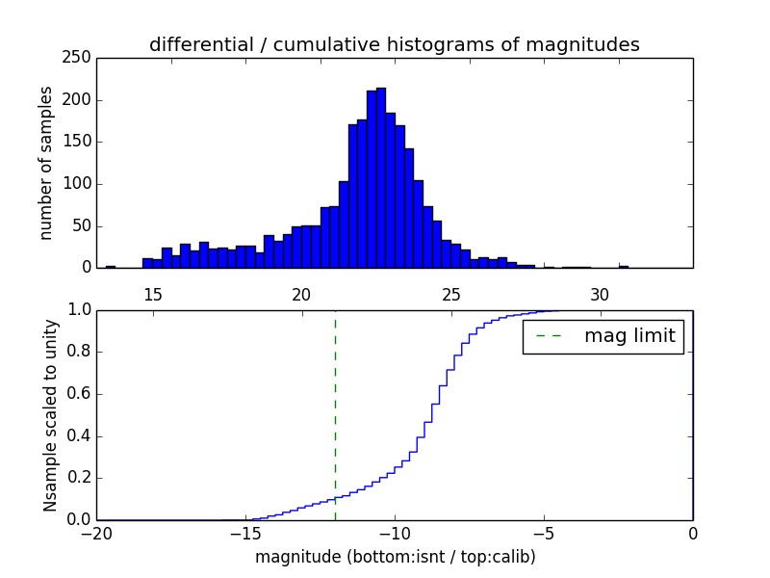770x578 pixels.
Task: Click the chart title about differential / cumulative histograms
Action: click(394, 44)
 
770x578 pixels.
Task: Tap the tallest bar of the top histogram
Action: click(381, 178)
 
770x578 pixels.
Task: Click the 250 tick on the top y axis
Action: click(80, 58)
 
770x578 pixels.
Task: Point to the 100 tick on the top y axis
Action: click(80, 184)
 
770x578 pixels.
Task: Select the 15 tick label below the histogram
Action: click(153, 295)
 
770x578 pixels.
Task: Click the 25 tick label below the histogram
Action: click(450, 295)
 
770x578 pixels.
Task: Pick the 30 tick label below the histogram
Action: click(600, 295)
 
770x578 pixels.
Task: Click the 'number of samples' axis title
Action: click(46, 162)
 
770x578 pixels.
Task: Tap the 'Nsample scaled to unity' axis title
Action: click(50, 414)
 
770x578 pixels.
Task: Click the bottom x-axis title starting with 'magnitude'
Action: click(395, 557)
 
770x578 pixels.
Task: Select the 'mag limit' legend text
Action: click(629, 337)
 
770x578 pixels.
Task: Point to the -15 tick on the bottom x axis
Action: click(244, 532)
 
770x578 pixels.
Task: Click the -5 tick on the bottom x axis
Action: click(543, 532)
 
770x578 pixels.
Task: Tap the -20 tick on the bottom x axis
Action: click(96, 532)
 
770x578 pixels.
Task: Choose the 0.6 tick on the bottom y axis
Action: click(79, 394)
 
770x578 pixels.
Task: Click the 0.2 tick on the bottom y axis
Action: click(79, 478)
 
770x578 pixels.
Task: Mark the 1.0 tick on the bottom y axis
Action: click(79, 310)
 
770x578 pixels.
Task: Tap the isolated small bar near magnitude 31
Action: click(624, 266)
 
